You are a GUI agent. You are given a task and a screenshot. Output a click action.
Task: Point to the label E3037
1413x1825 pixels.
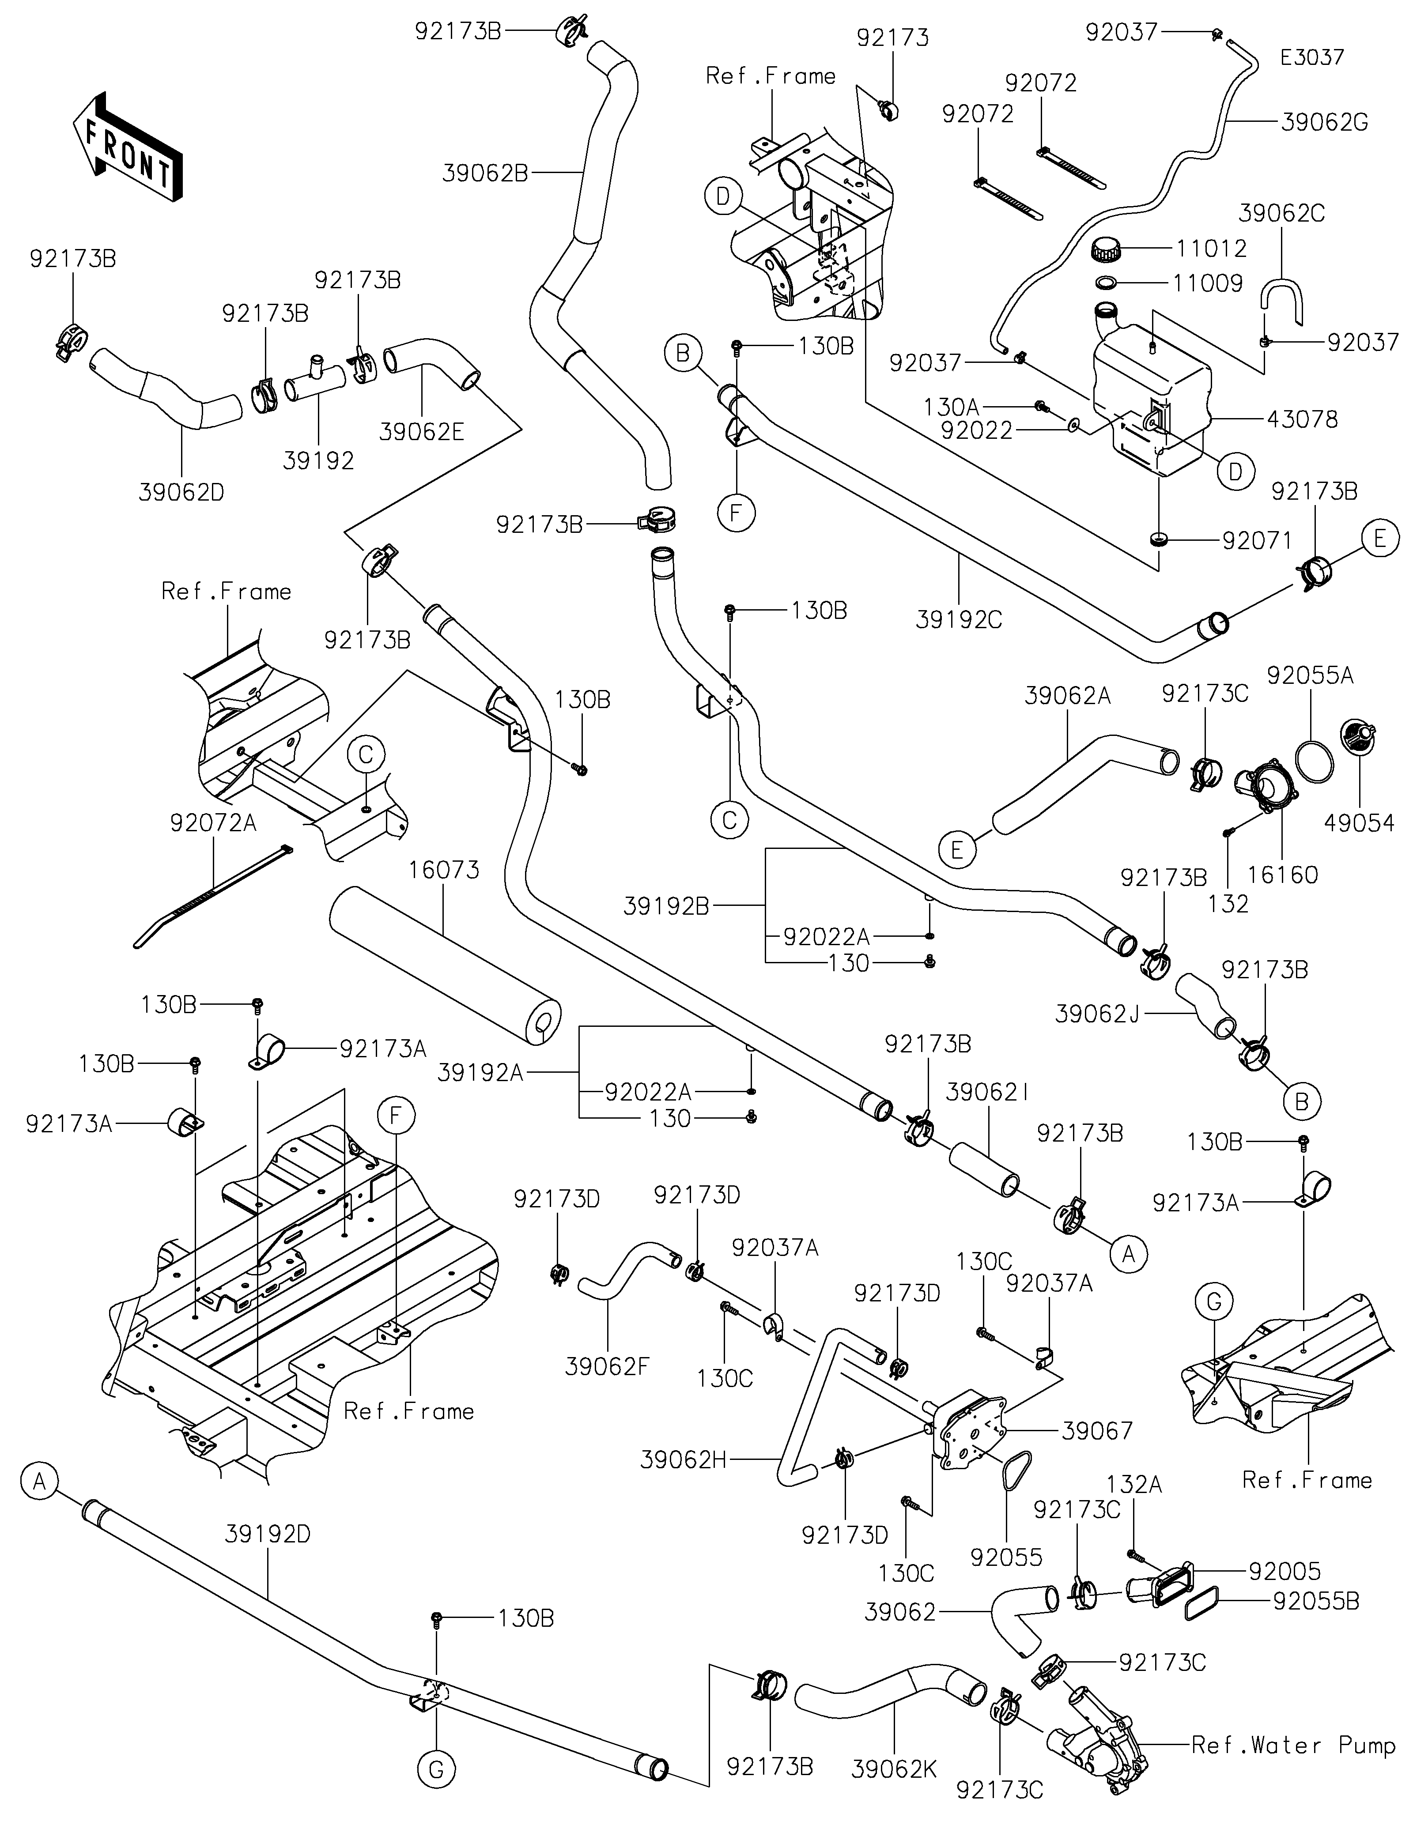coord(1312,58)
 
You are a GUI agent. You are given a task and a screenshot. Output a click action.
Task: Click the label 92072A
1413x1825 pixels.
coord(213,823)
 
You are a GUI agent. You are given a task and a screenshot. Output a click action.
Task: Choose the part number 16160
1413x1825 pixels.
coord(1283,875)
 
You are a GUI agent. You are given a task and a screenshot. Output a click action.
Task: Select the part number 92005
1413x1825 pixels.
coord(1285,1572)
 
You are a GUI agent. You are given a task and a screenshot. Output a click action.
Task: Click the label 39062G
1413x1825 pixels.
coord(1324,123)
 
